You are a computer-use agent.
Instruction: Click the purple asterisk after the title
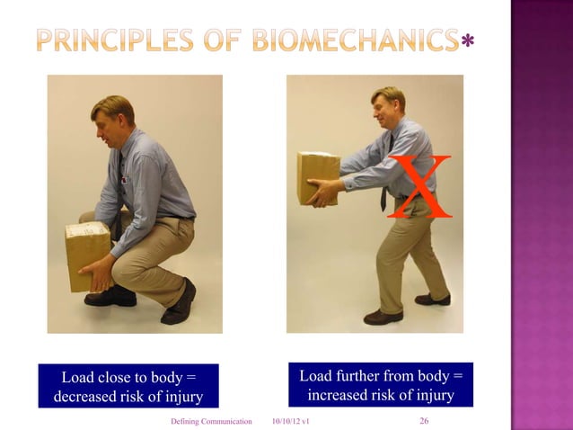click(466, 42)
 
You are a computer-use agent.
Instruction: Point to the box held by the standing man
click(318, 177)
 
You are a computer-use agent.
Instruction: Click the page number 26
click(425, 421)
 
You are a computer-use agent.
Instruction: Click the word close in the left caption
click(119, 376)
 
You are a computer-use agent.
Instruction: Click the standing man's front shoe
click(383, 317)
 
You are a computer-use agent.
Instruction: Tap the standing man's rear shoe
click(434, 299)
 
